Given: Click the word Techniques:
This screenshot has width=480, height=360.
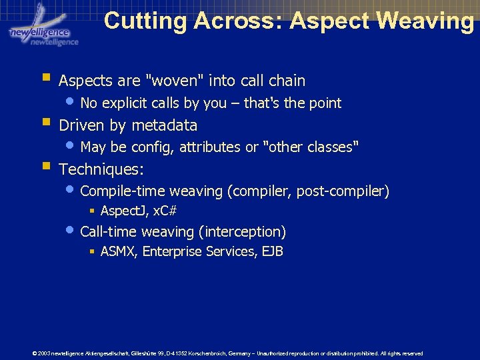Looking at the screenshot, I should click(101, 169).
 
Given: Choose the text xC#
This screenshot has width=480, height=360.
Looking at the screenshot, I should click(165, 211).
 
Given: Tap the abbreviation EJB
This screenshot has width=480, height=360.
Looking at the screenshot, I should click(273, 251).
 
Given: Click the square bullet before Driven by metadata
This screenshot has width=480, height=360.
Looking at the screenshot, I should click(46, 122).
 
